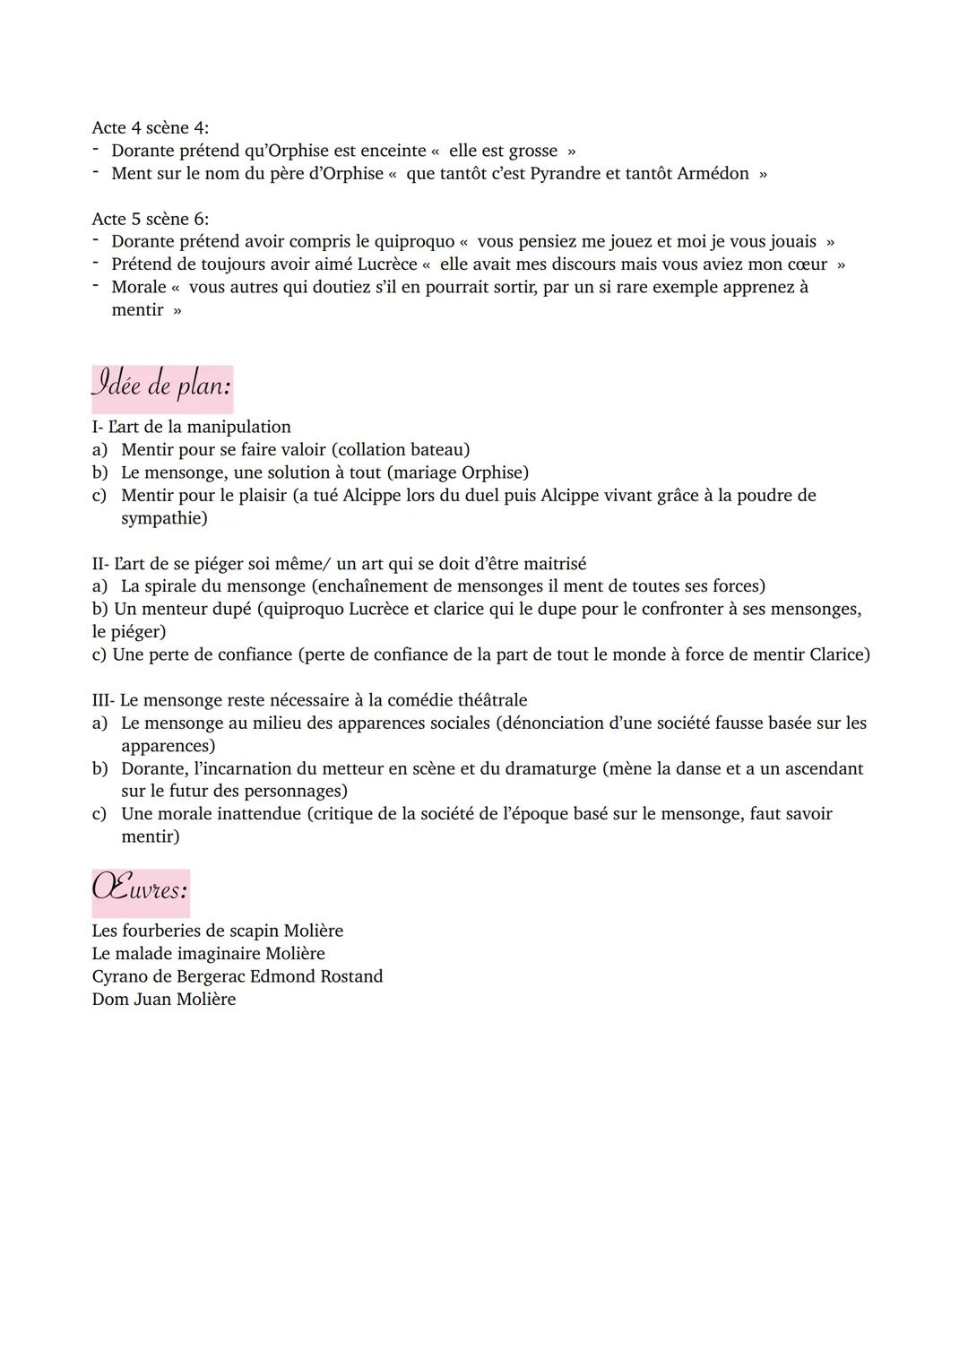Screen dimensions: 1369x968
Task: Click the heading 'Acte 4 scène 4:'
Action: (150, 128)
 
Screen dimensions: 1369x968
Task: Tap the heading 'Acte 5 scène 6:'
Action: (150, 219)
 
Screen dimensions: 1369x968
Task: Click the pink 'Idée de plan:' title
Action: (161, 386)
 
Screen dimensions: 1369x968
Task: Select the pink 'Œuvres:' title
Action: (140, 889)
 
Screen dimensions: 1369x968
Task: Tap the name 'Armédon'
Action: (713, 173)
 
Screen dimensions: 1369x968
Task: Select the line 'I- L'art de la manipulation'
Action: (191, 427)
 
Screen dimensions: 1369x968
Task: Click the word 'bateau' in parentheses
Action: (436, 450)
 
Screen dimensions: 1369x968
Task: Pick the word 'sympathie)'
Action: (164, 518)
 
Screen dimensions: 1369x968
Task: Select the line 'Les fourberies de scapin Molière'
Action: (217, 931)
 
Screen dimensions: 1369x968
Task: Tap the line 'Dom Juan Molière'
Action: (163, 1000)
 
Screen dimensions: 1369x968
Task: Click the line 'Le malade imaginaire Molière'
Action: (208, 954)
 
